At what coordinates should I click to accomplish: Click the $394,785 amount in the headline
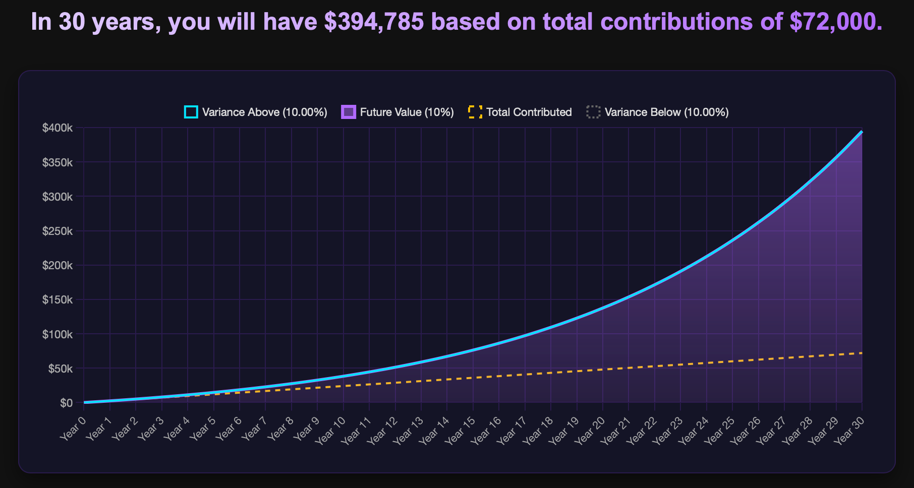click(x=374, y=22)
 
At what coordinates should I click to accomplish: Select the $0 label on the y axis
click(x=66, y=403)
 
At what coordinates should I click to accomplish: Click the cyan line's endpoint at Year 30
click(x=862, y=132)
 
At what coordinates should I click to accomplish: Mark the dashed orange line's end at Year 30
click(x=862, y=353)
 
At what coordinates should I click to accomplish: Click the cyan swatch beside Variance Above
click(x=191, y=112)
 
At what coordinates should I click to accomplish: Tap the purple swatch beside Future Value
click(x=349, y=112)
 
